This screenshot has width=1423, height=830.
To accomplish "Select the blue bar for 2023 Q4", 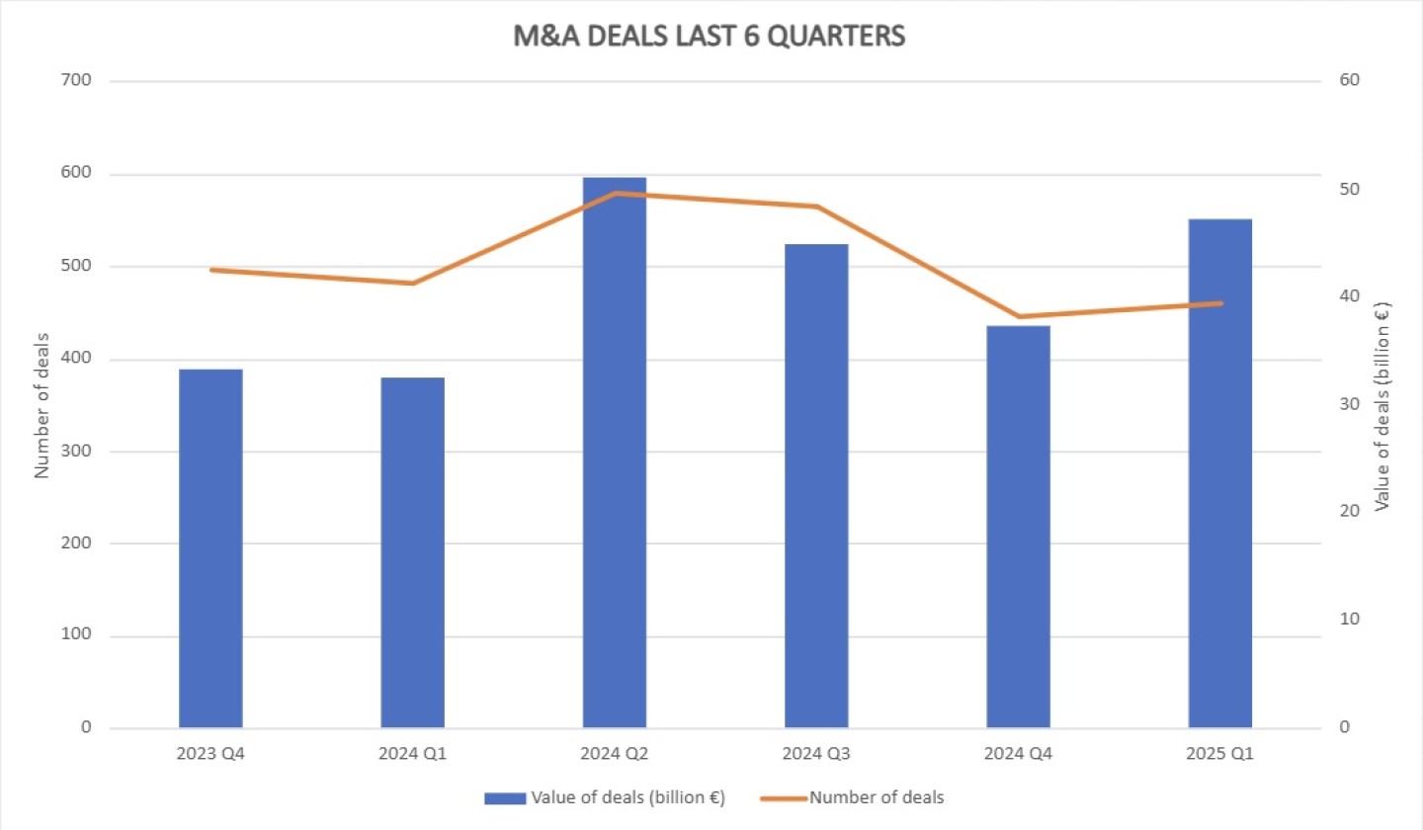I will point(210,548).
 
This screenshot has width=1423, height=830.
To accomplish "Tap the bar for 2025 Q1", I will point(1220,473).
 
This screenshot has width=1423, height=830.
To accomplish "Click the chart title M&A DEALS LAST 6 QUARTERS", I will point(710,37).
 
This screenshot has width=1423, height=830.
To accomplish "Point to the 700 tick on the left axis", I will point(76,81).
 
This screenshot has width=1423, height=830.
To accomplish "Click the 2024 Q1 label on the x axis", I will point(412,755).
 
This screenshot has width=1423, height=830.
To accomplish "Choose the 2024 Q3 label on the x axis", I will point(816,755).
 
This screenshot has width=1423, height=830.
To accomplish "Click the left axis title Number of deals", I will point(42,404).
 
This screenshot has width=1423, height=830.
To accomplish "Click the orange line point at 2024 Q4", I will point(1019,317).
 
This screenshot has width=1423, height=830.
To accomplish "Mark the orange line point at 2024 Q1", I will point(413,284).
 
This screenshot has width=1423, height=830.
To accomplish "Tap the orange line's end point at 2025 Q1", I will point(1220,303).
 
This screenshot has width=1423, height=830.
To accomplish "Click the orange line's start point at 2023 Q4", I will point(210,270).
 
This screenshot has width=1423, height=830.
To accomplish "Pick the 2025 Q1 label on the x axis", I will point(1220,755).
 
